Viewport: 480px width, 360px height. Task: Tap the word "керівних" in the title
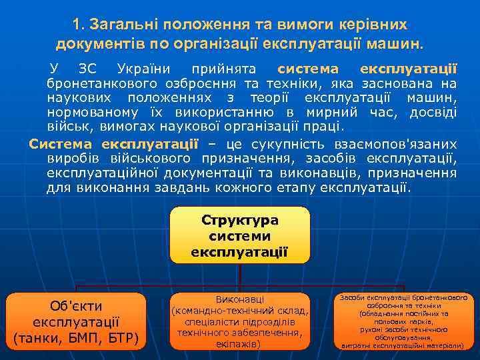[373, 25]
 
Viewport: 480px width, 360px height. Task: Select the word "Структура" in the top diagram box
[239, 221]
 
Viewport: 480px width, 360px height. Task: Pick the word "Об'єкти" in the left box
[77, 306]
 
